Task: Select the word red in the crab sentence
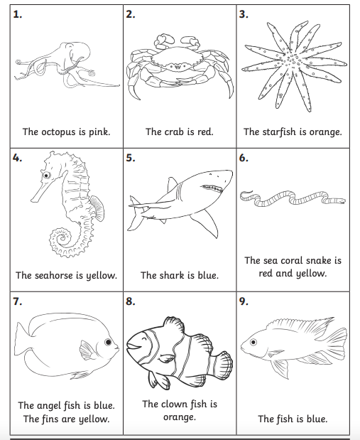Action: pyautogui.click(x=204, y=132)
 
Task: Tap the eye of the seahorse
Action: pyautogui.click(x=46, y=174)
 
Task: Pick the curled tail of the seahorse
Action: pyautogui.click(x=58, y=238)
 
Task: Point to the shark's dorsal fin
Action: pyautogui.click(x=171, y=186)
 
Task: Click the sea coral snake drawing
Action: pyautogui.click(x=291, y=199)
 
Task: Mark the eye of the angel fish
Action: pyautogui.click(x=107, y=343)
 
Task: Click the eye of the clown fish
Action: pyautogui.click(x=139, y=340)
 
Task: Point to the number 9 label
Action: pyautogui.click(x=244, y=301)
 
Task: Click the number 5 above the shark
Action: pyautogui.click(x=130, y=158)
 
